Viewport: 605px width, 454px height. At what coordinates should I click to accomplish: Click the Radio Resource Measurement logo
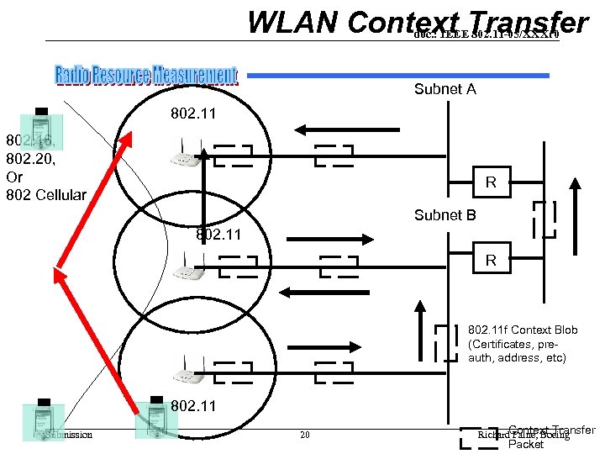tap(146, 76)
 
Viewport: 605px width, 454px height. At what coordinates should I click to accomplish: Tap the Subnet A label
tap(445, 89)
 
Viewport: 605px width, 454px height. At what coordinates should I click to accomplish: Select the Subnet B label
tap(445, 215)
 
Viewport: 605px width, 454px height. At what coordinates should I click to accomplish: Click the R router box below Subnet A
tap(491, 182)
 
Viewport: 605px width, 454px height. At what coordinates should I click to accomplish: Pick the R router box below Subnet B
tap(491, 261)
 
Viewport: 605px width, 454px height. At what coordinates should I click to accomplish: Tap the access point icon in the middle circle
tap(187, 269)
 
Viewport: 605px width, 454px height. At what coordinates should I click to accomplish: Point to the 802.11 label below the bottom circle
tap(193, 406)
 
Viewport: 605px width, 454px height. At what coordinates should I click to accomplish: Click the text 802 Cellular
tap(45, 195)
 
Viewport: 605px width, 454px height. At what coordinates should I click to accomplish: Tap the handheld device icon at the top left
tap(40, 120)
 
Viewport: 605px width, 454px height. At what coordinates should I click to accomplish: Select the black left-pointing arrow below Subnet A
tap(335, 129)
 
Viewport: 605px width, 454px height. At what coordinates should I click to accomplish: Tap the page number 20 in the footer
tap(305, 435)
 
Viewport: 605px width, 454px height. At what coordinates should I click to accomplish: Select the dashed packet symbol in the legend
tap(480, 436)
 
